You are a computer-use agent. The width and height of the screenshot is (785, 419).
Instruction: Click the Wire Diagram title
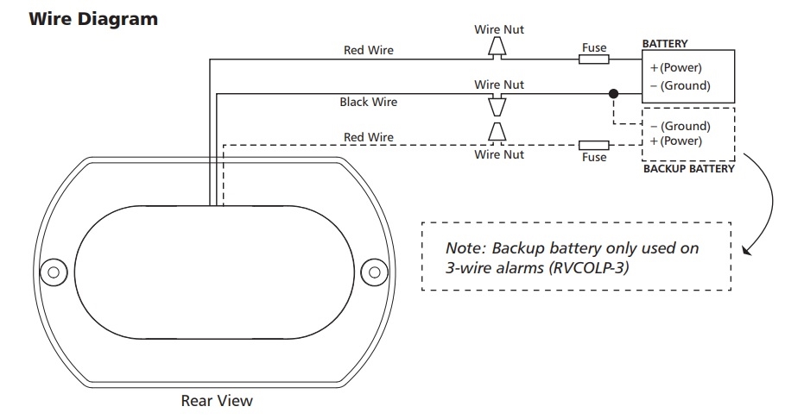93,19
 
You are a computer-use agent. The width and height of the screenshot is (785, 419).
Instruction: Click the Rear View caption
217,400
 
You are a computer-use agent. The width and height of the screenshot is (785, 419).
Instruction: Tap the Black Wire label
368,102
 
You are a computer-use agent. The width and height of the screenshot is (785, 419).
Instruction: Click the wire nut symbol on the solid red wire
497,48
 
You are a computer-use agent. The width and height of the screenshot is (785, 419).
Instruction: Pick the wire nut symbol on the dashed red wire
497,132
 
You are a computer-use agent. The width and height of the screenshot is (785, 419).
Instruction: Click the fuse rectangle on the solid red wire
593,59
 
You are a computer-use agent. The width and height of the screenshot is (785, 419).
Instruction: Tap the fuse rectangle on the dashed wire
593,144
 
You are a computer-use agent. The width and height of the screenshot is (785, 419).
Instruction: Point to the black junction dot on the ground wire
613,93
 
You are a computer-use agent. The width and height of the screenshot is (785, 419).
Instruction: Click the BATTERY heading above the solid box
665,43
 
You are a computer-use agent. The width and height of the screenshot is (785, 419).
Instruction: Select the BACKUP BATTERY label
688,169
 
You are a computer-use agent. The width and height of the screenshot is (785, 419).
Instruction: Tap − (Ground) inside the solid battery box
680,85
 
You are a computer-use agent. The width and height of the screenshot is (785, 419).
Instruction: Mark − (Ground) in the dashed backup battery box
680,125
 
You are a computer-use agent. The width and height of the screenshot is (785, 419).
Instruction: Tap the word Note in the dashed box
463,248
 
